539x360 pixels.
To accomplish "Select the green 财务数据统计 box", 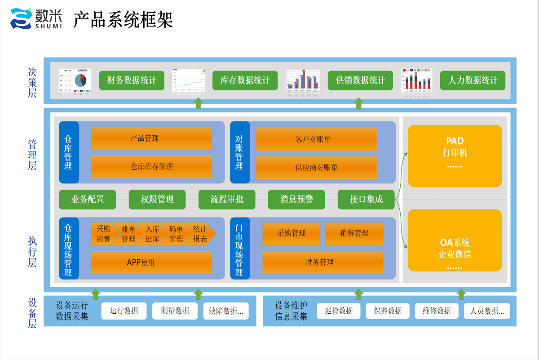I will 132,80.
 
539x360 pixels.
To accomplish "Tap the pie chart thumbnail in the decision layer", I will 75,81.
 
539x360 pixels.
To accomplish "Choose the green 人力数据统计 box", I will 473,80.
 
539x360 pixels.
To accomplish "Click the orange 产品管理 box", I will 151,138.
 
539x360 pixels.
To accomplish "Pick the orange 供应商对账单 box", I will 316,168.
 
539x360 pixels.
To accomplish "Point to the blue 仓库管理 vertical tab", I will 68,152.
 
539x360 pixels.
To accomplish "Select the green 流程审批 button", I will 227,200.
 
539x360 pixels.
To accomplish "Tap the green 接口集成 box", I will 366,200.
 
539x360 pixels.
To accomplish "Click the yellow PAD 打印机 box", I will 455,156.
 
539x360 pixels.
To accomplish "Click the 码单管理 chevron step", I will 176,234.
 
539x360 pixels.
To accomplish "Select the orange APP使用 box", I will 151,262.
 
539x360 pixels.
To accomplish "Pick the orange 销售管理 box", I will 354,234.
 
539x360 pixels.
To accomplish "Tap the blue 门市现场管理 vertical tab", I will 239,248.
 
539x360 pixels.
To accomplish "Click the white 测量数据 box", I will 175,311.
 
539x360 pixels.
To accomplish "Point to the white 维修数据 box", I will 437,311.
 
